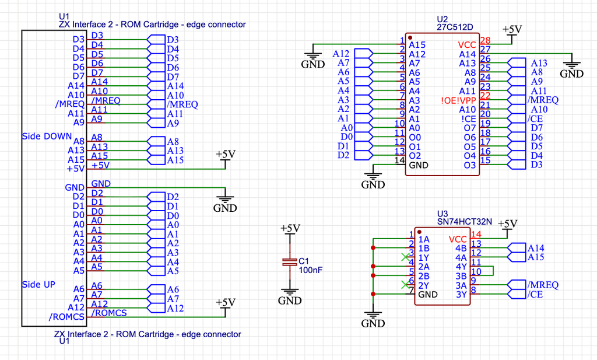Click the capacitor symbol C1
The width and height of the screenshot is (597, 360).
[290, 262]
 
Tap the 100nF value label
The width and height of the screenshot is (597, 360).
[310, 270]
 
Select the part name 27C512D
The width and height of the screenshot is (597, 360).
[455, 27]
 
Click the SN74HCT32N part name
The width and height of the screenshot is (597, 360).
[465, 221]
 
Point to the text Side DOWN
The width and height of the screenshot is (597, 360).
[47, 137]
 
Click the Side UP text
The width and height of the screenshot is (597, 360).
[38, 285]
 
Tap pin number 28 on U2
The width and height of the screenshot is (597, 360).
[486, 40]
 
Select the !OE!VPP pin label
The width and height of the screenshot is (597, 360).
[458, 100]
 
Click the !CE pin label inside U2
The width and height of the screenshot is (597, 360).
[468, 119]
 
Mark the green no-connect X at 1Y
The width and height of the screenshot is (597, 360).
[406, 257]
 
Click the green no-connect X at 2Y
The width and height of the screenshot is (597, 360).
[406, 285]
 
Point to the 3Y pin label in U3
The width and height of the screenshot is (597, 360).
[461, 295]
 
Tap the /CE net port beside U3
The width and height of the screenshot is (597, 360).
[517, 294]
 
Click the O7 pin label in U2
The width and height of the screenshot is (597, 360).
[470, 128]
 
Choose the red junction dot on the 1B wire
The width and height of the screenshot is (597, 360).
[373, 247]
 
